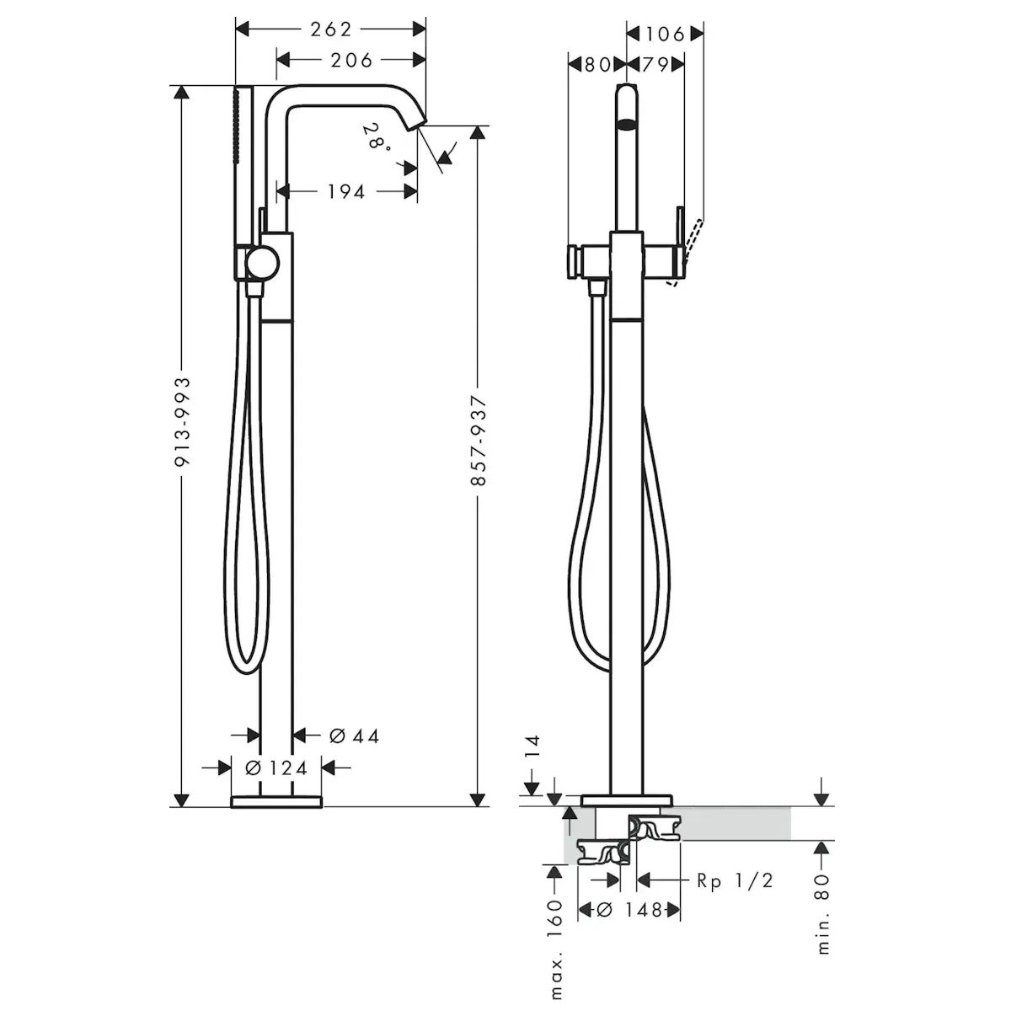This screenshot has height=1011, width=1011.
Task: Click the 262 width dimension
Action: click(x=331, y=29)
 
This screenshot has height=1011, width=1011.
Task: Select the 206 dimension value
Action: click(x=351, y=61)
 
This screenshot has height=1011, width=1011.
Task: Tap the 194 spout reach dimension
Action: click(x=345, y=191)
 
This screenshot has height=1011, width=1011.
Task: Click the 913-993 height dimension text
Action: click(x=183, y=422)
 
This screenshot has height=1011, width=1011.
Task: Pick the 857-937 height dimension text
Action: click(x=479, y=441)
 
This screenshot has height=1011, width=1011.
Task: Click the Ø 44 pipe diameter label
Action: click(x=354, y=736)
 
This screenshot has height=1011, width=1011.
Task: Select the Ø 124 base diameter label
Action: click(x=276, y=768)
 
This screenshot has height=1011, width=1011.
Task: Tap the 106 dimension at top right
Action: click(x=665, y=34)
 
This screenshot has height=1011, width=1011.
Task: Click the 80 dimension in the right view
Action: click(x=597, y=65)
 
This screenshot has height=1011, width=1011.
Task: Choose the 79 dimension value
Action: click(x=655, y=65)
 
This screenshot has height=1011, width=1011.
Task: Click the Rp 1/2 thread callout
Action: click(x=735, y=880)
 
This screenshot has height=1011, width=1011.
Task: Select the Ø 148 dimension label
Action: click(x=629, y=910)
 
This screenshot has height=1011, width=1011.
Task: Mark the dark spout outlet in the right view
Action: click(x=627, y=125)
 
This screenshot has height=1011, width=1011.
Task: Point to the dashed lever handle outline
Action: click(x=685, y=252)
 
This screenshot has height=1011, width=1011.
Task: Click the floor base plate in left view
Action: click(x=276, y=802)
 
